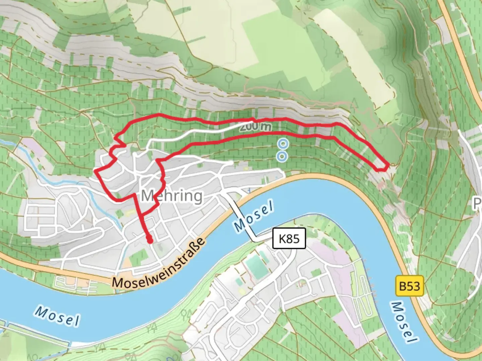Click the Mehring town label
(172, 196)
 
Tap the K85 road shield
(289, 239)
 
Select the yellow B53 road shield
(409, 286)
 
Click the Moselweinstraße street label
(159, 264)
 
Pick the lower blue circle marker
(282, 156)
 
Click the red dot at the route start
(150, 239)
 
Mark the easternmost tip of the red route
(388, 165)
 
